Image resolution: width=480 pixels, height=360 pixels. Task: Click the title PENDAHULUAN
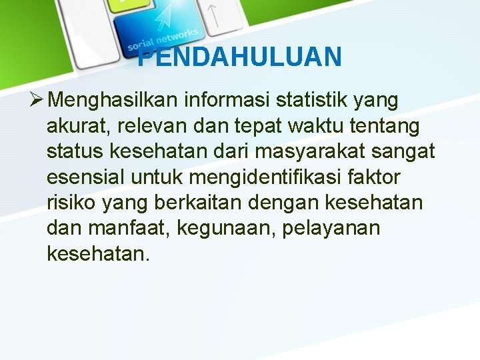click(240, 57)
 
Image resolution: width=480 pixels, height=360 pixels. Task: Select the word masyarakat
click(316, 152)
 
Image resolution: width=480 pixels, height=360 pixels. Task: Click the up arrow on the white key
click(213, 15)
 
